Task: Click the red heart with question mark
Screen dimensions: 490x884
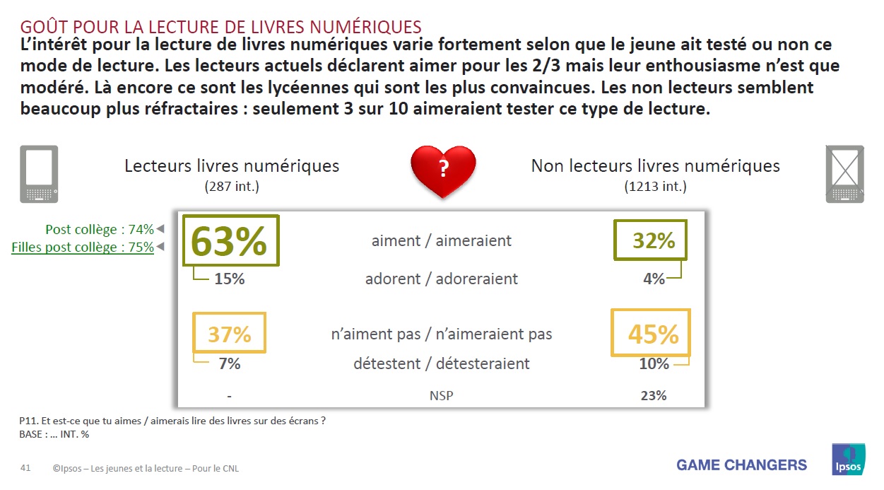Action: [443, 170]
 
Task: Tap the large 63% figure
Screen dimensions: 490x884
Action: [230, 241]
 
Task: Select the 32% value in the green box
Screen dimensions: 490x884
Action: [654, 241]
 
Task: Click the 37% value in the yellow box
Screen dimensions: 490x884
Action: [229, 333]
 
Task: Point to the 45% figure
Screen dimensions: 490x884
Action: [653, 334]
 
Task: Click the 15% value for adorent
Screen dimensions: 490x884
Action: [229, 279]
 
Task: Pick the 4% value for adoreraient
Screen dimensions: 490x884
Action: [654, 279]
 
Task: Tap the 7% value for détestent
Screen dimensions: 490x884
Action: [229, 364]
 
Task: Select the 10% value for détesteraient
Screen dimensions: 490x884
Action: [654, 364]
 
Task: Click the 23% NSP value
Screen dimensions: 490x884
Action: [654, 395]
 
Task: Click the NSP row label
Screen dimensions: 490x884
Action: [441, 395]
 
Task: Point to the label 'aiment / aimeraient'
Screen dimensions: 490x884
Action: [442, 241]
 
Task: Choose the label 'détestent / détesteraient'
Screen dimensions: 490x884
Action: [442, 364]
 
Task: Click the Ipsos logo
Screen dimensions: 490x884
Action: [849, 459]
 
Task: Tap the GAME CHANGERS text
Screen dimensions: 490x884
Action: [741, 465]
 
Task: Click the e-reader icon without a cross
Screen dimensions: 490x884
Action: [38, 174]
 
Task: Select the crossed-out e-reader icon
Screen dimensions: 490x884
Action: [844, 174]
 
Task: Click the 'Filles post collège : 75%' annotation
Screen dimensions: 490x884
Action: [83, 247]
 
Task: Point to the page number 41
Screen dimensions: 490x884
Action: [25, 468]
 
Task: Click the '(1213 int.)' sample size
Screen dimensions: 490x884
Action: [655, 187]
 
